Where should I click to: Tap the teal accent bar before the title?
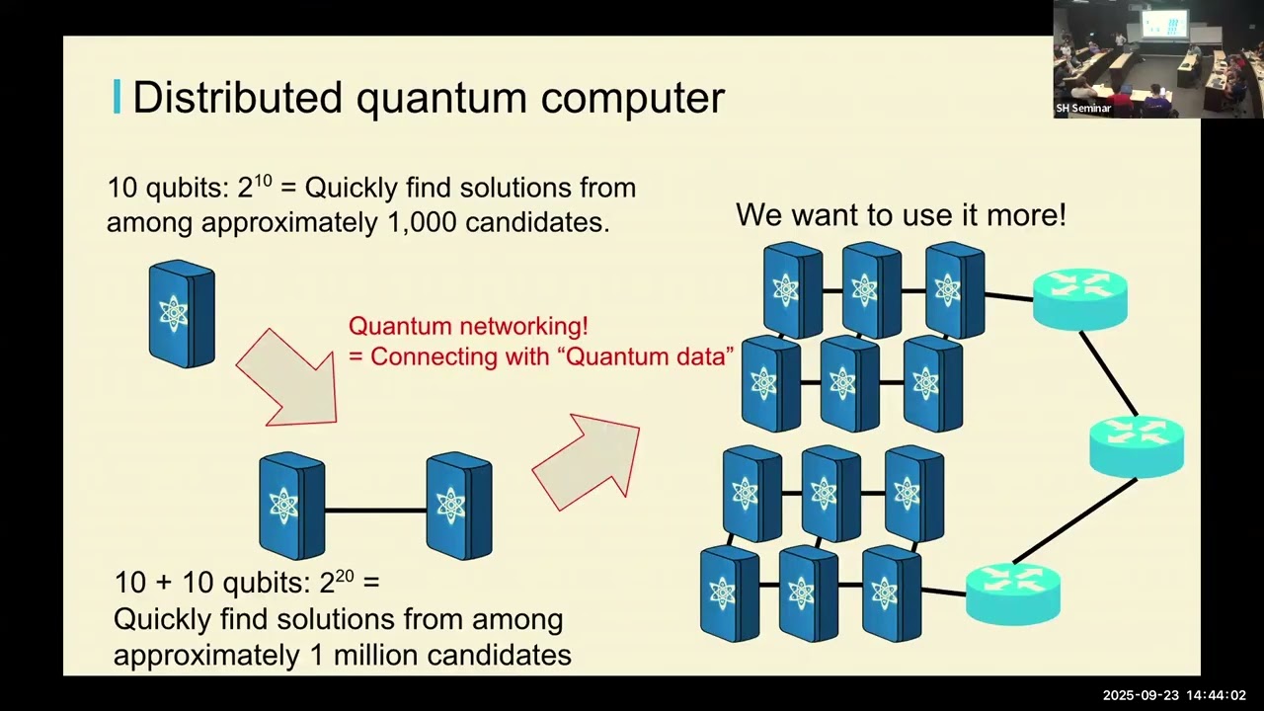pyautogui.click(x=118, y=97)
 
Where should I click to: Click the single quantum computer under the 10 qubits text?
pyautogui.click(x=181, y=314)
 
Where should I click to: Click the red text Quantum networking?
pyautogui.click(x=468, y=326)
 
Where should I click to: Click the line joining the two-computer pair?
pyautogui.click(x=375, y=510)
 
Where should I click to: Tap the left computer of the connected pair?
pyautogui.click(x=291, y=506)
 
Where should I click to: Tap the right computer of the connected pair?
pyautogui.click(x=458, y=506)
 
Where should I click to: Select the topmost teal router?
pyautogui.click(x=1079, y=297)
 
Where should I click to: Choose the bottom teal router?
pyautogui.click(x=1012, y=592)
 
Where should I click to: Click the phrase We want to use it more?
pyautogui.click(x=901, y=215)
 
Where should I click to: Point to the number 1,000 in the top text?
pyautogui.click(x=422, y=222)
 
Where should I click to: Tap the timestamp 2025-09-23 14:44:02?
pyautogui.click(x=1174, y=695)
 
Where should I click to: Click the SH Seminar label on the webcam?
pyautogui.click(x=1083, y=109)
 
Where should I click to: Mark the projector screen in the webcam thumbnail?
pyautogui.click(x=1163, y=25)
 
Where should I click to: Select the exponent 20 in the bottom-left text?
pyautogui.click(x=344, y=576)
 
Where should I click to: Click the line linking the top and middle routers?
pyautogui.click(x=1110, y=373)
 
